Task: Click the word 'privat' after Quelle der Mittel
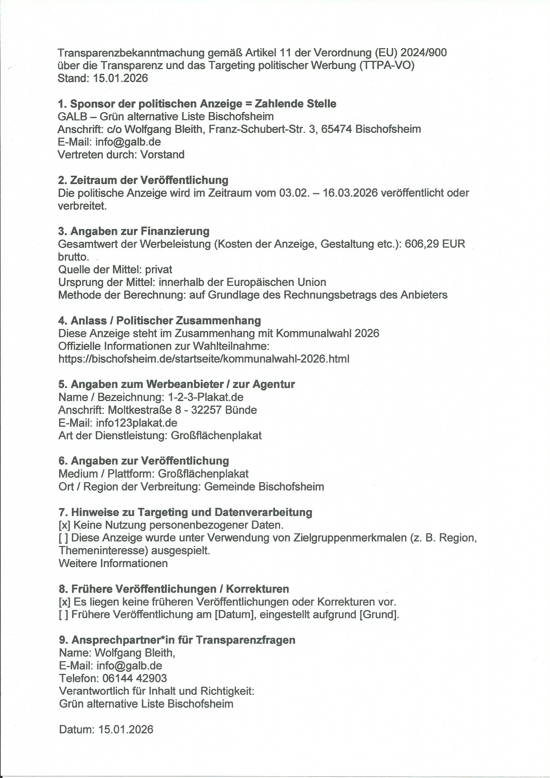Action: click(x=159, y=270)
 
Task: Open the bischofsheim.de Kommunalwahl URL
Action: click(x=204, y=358)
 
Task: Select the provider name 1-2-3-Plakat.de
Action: click(x=206, y=397)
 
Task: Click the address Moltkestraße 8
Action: click(x=145, y=410)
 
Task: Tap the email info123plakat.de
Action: click(x=136, y=423)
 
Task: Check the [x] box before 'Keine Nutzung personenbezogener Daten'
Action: click(x=65, y=525)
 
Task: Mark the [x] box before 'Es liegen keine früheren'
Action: click(x=65, y=602)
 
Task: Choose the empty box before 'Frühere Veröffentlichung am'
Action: click(x=64, y=614)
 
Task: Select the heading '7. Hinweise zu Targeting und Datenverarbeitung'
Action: click(x=185, y=512)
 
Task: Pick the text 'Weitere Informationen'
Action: click(x=113, y=563)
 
